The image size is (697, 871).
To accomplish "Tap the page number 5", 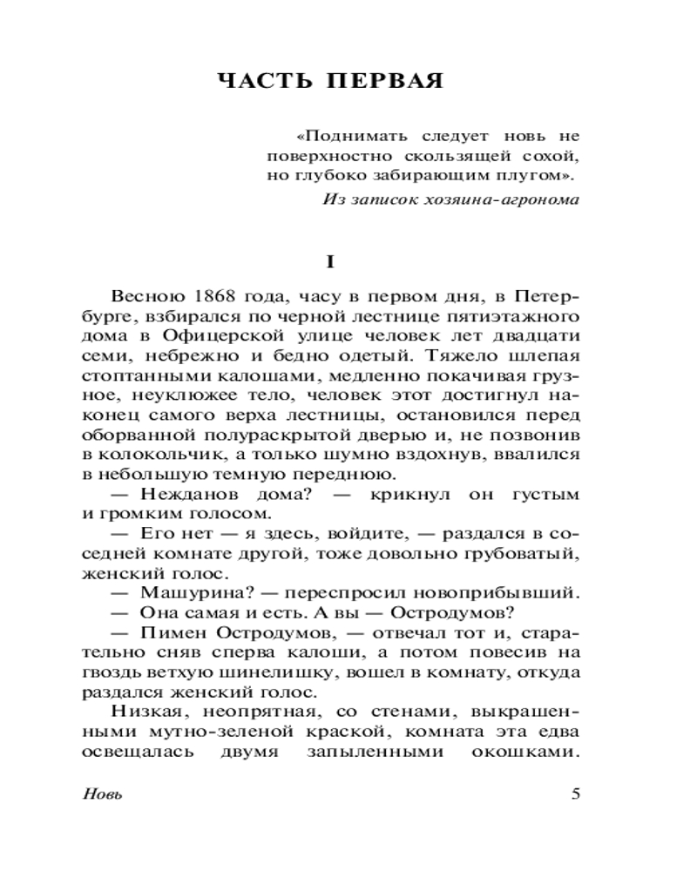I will (573, 793).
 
